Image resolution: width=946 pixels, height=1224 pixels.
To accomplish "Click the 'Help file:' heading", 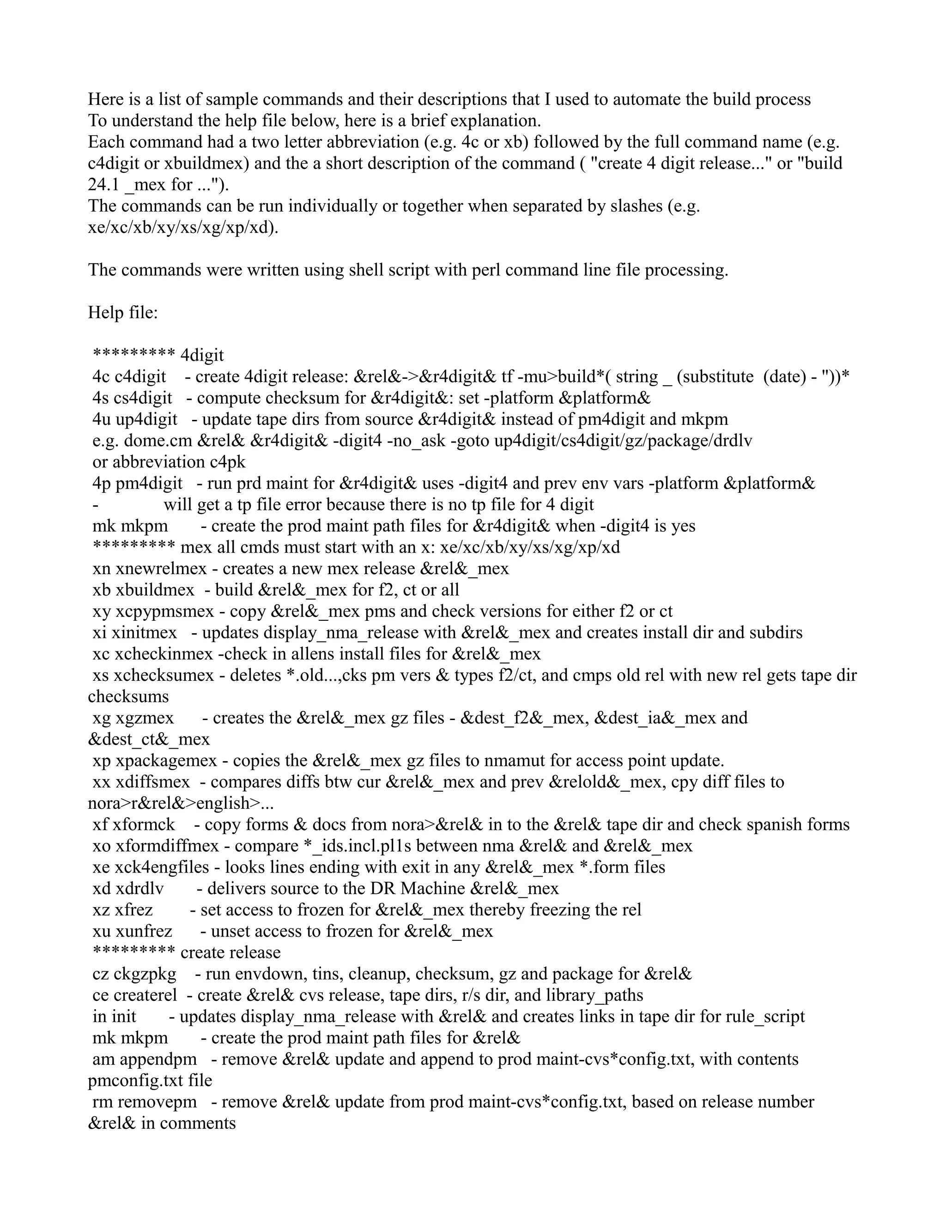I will (123, 313).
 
